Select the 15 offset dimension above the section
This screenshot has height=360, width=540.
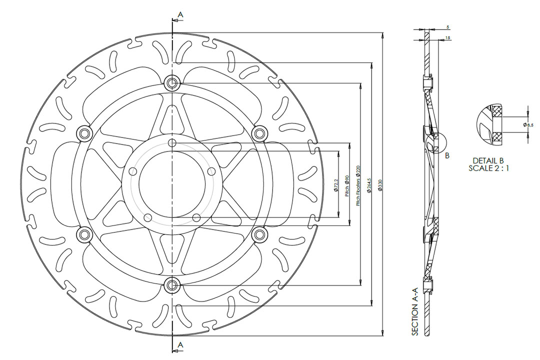[x=446, y=38]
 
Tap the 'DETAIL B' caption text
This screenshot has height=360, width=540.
[x=488, y=160]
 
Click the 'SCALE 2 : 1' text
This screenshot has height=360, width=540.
[x=489, y=168]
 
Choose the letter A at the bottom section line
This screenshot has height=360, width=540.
[x=180, y=345]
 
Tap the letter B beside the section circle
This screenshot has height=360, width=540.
[x=447, y=155]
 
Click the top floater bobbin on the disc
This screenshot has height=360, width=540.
[x=172, y=83]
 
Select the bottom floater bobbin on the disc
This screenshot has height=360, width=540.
[x=172, y=285]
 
